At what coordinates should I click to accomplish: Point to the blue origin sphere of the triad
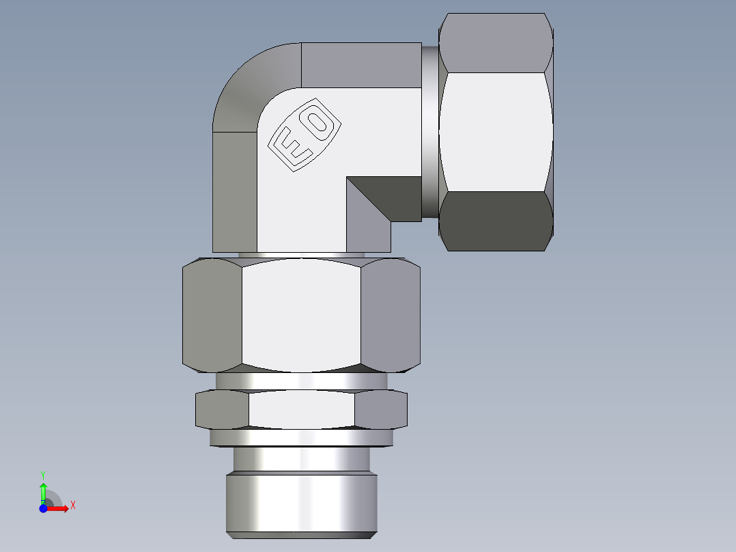click(x=43, y=508)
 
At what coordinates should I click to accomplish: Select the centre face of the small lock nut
click(x=301, y=410)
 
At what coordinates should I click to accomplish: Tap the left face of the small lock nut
click(x=222, y=410)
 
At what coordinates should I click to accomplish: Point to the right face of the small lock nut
click(x=380, y=410)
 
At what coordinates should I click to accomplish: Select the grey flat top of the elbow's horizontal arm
click(x=360, y=65)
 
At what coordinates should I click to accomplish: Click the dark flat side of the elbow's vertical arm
click(x=235, y=191)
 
